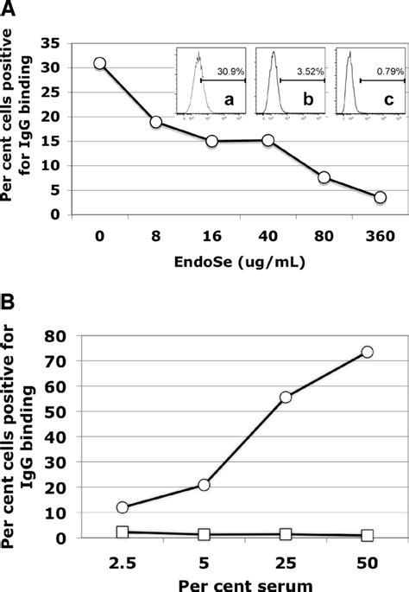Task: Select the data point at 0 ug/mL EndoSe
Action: [x=100, y=63]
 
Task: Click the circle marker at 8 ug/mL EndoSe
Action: [x=156, y=122]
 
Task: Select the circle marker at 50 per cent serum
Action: [x=367, y=352]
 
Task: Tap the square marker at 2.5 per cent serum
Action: [x=123, y=532]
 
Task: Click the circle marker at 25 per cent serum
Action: [x=286, y=397]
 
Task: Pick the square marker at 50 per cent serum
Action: [x=367, y=536]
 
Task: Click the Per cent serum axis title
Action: [x=245, y=582]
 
